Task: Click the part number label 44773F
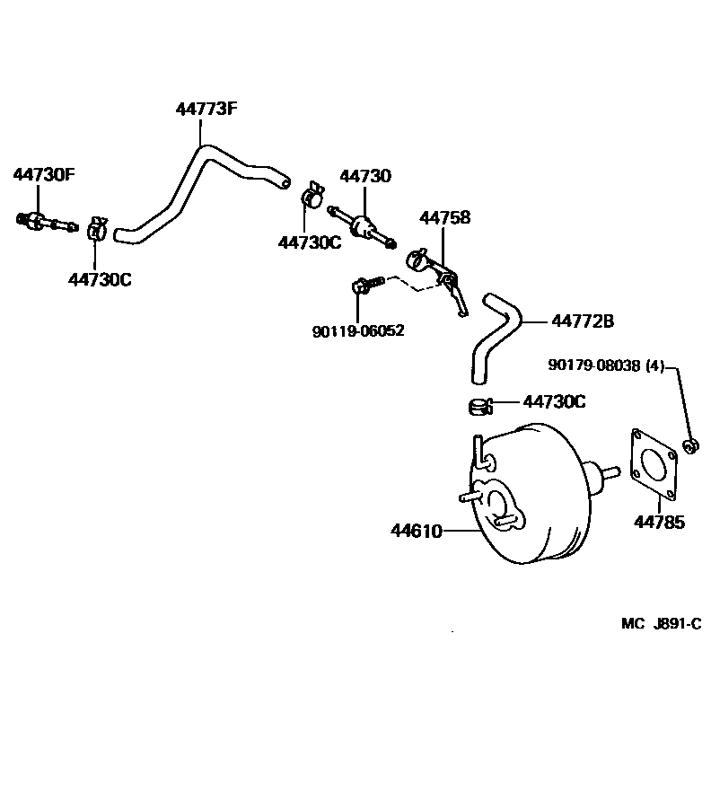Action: (x=206, y=110)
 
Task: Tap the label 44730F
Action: (x=43, y=174)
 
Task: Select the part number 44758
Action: (x=446, y=218)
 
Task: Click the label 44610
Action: (x=416, y=531)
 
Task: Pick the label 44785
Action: (x=659, y=522)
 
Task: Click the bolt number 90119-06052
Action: (x=358, y=331)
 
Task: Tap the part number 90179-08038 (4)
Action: (x=606, y=365)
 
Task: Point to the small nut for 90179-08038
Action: (x=690, y=444)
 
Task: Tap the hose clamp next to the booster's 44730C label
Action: (x=481, y=406)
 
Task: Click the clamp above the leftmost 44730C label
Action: (x=98, y=231)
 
